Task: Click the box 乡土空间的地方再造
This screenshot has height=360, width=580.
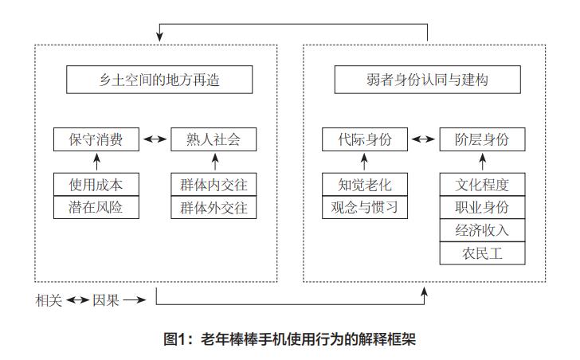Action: point(159,80)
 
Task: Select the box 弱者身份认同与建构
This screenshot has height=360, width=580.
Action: point(428,80)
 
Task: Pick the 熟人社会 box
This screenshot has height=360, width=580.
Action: point(214,139)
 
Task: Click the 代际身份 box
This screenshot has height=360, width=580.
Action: point(364,139)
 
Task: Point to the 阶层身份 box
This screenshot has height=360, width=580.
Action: point(483,139)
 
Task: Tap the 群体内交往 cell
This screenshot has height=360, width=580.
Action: point(214,185)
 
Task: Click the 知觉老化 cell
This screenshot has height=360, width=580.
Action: point(364,185)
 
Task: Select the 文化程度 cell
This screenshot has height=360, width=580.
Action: point(483,185)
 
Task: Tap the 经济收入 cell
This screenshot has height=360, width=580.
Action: point(483,230)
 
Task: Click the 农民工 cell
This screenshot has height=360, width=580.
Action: point(483,253)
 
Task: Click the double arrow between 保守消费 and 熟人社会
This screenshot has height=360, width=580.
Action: point(155,139)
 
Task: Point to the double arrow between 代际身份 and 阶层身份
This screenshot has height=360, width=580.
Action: point(423,139)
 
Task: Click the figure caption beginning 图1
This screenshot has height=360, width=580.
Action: point(289,339)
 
